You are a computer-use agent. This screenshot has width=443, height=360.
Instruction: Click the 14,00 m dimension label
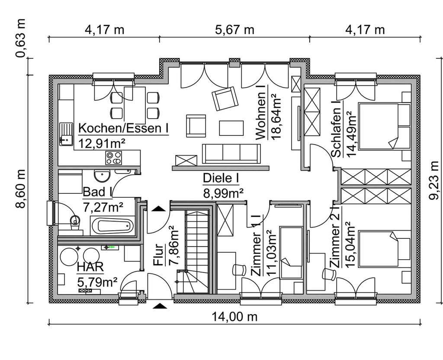235,317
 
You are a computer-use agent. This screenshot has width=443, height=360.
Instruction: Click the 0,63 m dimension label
20,38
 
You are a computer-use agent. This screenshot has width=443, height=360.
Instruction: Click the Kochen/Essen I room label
123,129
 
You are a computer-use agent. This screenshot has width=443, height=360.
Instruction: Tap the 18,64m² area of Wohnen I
275,117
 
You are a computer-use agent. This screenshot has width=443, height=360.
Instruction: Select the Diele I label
221,178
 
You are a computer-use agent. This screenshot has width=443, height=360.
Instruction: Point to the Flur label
158,255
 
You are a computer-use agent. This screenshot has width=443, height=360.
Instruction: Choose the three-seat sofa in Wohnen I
231,154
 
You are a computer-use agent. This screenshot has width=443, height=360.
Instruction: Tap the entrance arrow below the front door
161,307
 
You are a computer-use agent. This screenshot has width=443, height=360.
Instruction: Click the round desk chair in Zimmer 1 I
238,269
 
